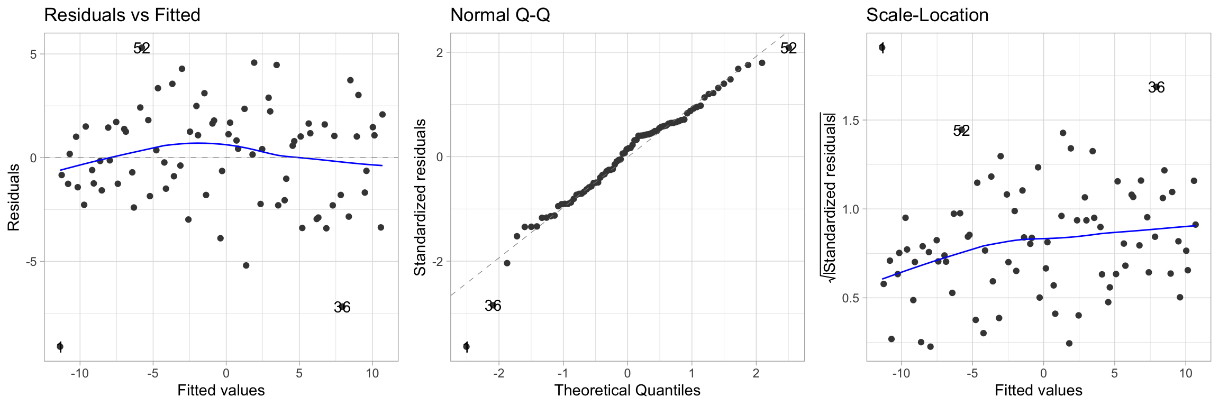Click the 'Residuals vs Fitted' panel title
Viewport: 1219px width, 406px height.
pos(122,15)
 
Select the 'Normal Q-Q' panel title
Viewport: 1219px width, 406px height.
pos(500,15)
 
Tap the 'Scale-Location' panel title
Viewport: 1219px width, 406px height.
pos(927,15)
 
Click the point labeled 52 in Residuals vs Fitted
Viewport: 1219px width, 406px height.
pos(142,48)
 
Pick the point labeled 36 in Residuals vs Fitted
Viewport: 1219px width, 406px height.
pos(342,307)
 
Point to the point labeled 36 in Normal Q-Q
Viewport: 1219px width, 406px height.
pos(493,305)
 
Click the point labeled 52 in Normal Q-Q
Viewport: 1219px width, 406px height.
pos(788,48)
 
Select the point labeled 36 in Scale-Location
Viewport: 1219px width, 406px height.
pos(1156,87)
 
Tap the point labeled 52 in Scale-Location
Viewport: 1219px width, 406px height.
pos(961,130)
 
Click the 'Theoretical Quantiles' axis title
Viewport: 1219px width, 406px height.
pos(627,390)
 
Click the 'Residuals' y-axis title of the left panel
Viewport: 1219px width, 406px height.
pos(14,197)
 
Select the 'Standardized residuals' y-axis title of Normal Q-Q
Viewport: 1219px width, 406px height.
pos(420,197)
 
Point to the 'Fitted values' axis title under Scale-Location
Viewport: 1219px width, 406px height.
pos(1038,390)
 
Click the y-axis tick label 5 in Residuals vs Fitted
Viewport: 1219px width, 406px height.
pos(33,54)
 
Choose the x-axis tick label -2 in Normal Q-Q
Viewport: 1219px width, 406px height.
pos(498,373)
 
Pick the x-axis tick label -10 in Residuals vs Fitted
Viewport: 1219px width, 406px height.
pos(79,373)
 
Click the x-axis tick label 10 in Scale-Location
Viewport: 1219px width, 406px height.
pos(1185,373)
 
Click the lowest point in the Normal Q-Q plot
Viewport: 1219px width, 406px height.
pos(466,346)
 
